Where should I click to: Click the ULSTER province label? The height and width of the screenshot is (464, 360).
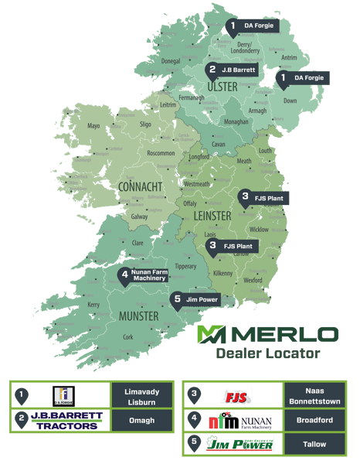coord(222,87)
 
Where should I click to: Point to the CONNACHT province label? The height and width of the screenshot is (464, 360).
coord(141,188)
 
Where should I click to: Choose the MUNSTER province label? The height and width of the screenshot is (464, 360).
coord(138,316)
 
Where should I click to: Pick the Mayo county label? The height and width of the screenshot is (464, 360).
coord(93,125)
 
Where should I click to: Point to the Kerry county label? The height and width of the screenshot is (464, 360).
coord(93,305)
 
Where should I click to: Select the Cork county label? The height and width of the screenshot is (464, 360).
coord(127,337)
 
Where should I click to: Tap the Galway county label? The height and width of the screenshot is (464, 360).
coord(139,217)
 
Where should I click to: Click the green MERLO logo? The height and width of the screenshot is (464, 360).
coord(267,334)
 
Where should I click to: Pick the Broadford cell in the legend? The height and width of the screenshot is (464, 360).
coord(312,421)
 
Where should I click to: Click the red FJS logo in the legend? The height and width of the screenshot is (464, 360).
coord(236,395)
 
